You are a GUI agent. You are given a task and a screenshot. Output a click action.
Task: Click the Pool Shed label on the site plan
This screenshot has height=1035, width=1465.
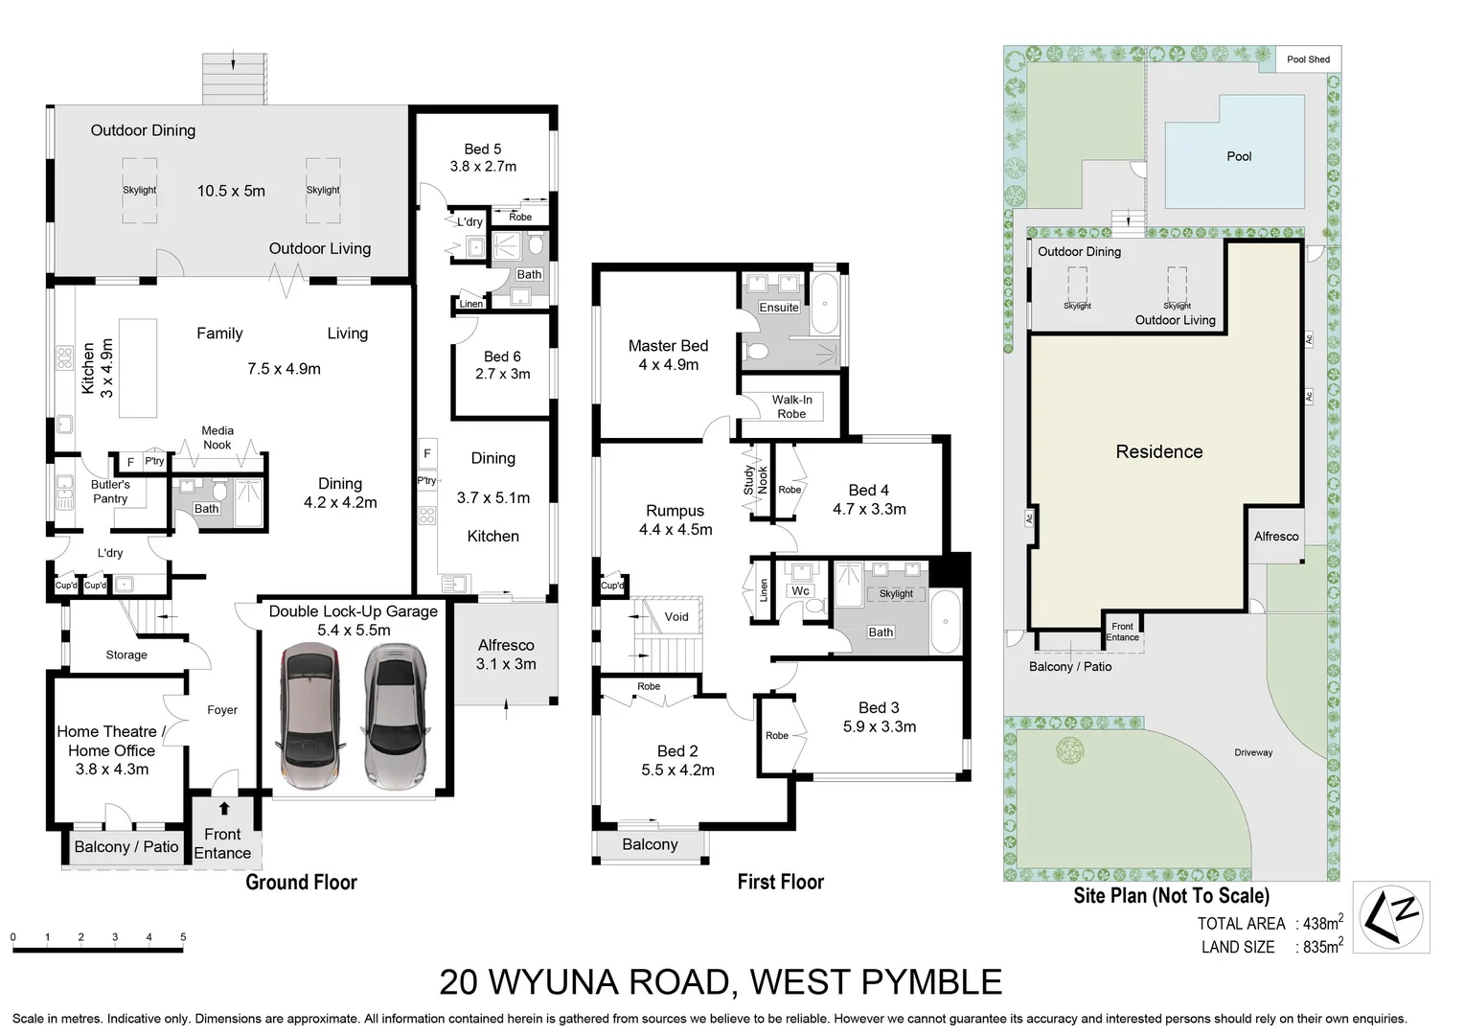click(x=1308, y=59)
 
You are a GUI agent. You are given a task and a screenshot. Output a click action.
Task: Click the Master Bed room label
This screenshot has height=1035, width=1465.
click(x=668, y=346)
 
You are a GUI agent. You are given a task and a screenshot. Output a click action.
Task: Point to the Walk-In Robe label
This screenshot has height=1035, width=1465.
click(x=791, y=407)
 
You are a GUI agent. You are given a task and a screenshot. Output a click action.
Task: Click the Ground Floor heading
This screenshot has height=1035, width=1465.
click(x=301, y=882)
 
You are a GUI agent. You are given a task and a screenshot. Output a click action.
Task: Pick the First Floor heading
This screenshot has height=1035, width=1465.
click(x=780, y=882)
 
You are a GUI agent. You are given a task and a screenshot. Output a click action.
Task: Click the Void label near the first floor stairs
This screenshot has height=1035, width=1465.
click(x=676, y=616)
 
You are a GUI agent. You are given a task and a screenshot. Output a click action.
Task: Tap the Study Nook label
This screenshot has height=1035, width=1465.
click(x=756, y=479)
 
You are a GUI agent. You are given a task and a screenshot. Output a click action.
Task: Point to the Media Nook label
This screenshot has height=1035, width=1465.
click(x=217, y=438)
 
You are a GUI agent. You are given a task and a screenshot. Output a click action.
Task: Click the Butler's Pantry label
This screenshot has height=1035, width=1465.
click(x=110, y=492)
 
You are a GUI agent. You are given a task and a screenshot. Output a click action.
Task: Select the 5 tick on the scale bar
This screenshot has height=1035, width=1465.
click(x=183, y=938)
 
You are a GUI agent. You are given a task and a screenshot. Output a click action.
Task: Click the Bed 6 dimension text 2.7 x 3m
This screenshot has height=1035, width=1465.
click(x=502, y=374)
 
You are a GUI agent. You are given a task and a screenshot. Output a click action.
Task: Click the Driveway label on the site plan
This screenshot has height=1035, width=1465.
click(x=1253, y=752)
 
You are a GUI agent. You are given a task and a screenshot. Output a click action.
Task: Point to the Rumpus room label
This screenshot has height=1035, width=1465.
click(x=675, y=511)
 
